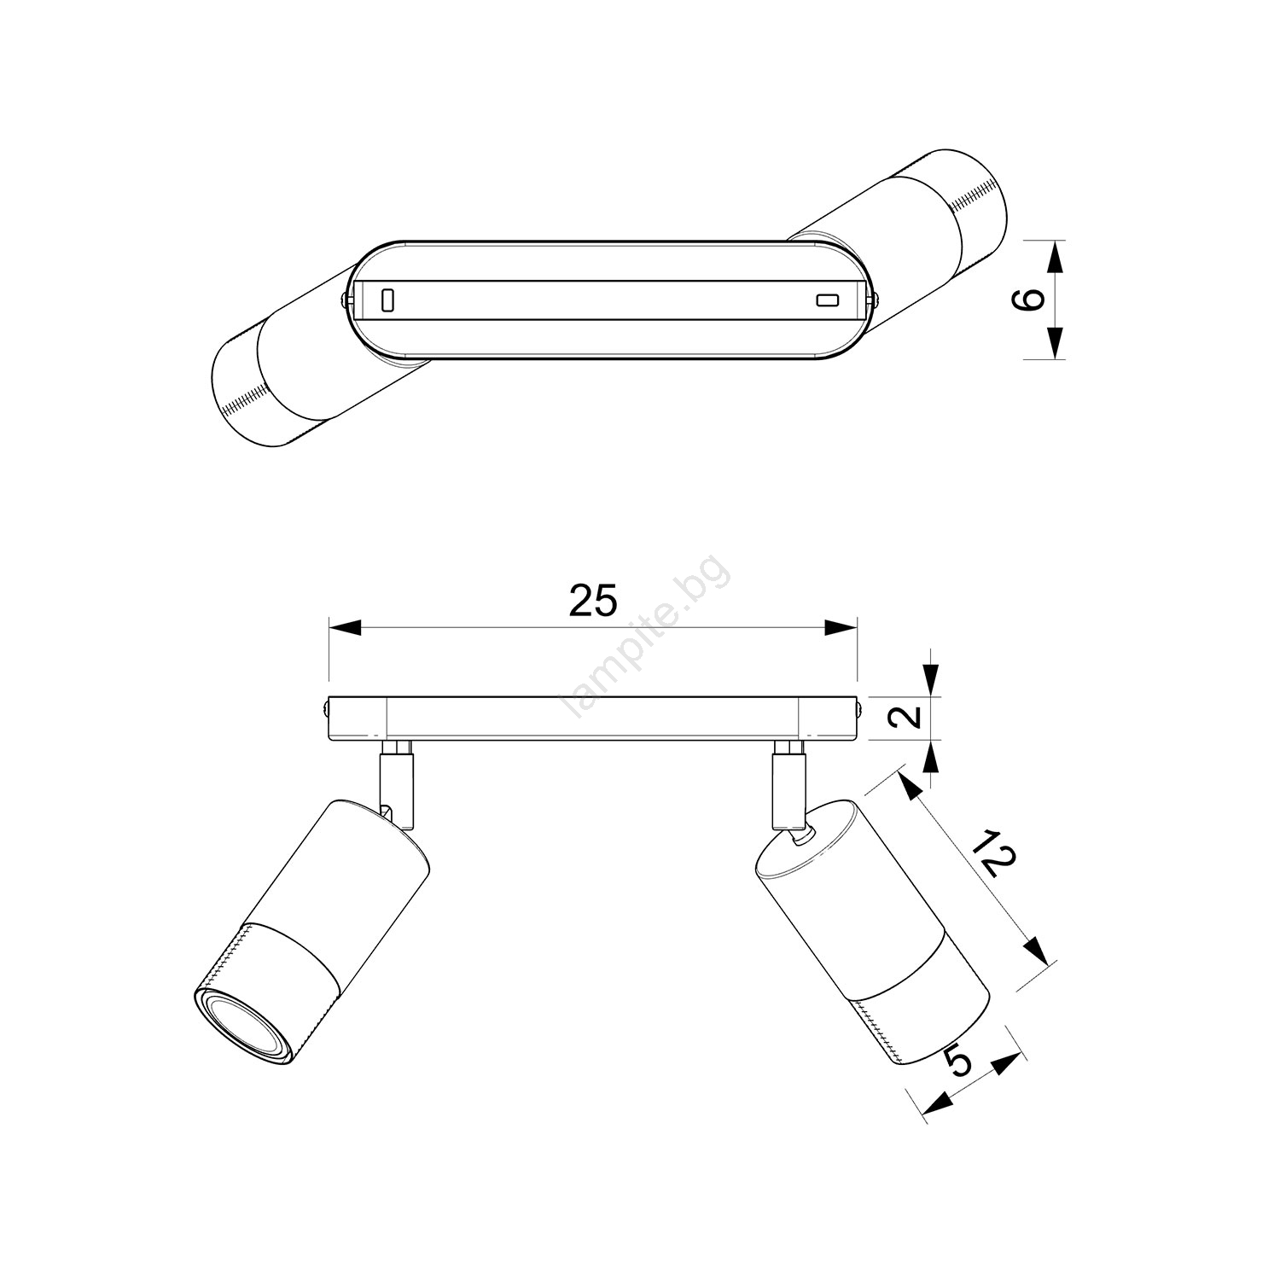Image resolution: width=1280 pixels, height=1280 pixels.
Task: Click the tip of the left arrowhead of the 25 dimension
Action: pyautogui.click(x=329, y=628)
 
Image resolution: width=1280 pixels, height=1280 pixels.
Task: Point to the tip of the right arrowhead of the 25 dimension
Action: pyautogui.click(x=856, y=628)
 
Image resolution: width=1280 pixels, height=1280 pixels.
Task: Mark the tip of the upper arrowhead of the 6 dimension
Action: pyautogui.click(x=1056, y=241)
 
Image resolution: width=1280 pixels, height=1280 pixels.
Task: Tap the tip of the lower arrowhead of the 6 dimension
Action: pyautogui.click(x=1056, y=359)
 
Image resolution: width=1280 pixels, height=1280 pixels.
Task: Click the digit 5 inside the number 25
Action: pyautogui.click(x=604, y=602)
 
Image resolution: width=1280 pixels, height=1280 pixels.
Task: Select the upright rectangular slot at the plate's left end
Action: pyautogui.click(x=387, y=300)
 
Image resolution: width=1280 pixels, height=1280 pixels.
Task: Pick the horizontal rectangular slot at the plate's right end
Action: pyautogui.click(x=827, y=300)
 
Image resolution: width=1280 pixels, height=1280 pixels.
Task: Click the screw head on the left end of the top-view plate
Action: pyautogui.click(x=344, y=300)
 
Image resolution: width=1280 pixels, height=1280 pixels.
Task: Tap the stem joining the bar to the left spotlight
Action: pyautogui.click(x=397, y=785)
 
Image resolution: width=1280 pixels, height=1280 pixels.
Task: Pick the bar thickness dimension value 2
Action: pyautogui.click(x=911, y=717)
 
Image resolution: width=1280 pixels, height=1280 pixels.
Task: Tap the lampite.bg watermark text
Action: pyautogui.click(x=645, y=649)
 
